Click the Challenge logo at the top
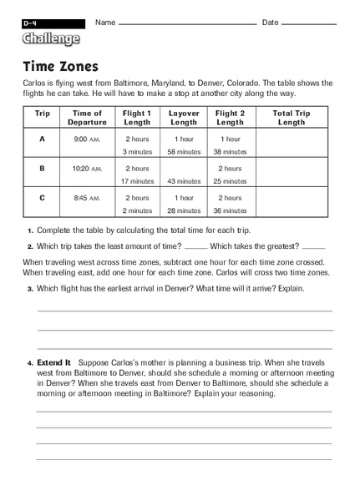[51, 38]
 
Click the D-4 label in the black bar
[31, 23]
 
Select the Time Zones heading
[60, 66]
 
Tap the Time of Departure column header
[87, 118]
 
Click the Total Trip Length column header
[291, 118]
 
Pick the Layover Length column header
[184, 118]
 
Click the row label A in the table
[42, 139]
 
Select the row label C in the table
[42, 199]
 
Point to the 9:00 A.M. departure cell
[87, 139]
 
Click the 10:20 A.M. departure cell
[87, 169]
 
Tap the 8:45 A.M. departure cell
[87, 199]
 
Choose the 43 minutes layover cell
[184, 181]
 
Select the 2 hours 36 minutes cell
[231, 205]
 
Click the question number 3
[29, 289]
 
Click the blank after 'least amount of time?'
[195, 247]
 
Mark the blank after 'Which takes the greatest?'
[313, 247]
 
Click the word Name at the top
[104, 22]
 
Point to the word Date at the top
[271, 22]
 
